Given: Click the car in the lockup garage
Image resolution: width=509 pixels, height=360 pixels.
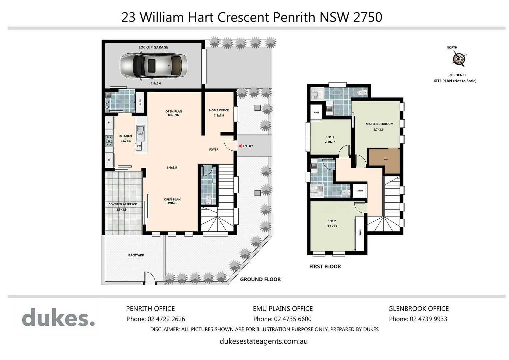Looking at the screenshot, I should (153, 66).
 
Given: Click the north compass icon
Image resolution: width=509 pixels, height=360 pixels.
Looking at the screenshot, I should (459, 59).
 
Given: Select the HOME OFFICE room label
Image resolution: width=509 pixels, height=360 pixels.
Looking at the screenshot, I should (219, 110).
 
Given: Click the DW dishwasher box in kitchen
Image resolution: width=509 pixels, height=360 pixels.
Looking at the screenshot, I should (139, 146).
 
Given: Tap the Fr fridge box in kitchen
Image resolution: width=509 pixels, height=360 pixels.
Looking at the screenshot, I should (109, 160).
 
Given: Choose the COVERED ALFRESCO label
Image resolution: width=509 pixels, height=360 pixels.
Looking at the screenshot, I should (123, 204).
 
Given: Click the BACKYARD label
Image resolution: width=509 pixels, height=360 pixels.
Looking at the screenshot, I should (136, 255).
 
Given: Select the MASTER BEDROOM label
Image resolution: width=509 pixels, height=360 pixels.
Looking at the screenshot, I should (379, 124).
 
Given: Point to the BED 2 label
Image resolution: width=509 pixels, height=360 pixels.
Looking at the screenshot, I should (331, 221).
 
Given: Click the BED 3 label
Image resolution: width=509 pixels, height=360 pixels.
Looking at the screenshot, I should (329, 137).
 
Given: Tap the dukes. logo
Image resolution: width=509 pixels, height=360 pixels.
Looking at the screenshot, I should (58, 317).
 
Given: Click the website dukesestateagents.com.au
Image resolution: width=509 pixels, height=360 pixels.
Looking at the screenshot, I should (263, 341).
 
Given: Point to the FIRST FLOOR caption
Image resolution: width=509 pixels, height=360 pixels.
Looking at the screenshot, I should (325, 266).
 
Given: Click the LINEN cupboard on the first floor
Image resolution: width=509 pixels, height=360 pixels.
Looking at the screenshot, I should (359, 191).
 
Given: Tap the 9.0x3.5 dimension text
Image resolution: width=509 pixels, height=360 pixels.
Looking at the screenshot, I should (172, 168).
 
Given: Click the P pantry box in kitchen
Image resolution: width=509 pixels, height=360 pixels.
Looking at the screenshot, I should (109, 123).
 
